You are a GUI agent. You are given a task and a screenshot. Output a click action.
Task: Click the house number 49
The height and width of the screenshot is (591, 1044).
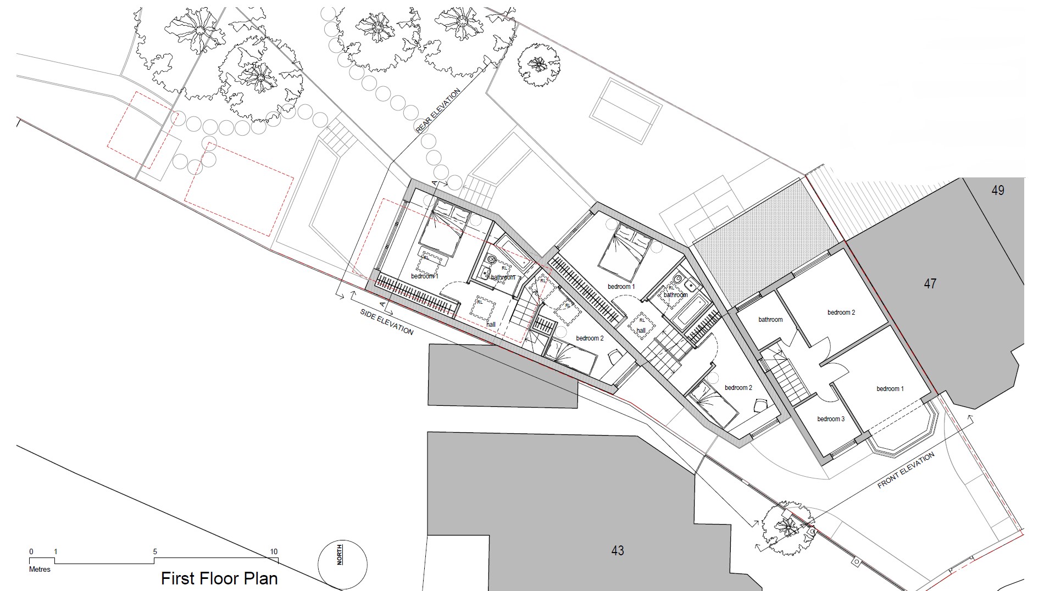[x=998, y=190]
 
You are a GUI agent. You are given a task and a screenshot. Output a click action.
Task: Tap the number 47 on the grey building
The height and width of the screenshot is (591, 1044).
[x=930, y=284]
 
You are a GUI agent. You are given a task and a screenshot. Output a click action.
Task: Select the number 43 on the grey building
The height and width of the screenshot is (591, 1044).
[x=618, y=550]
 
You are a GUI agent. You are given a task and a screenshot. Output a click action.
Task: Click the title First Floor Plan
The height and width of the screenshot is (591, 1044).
[x=219, y=578]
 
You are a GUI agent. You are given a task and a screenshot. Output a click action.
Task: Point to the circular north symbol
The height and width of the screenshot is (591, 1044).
[x=343, y=565]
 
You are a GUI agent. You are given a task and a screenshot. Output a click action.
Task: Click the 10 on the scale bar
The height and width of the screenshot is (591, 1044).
[x=274, y=552]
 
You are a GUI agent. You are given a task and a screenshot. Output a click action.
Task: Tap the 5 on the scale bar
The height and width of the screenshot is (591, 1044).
[x=155, y=552]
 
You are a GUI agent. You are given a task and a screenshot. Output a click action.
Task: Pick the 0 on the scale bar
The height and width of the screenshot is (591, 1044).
[x=31, y=552]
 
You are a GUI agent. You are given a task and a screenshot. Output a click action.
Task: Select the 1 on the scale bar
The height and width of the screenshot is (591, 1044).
[x=55, y=552]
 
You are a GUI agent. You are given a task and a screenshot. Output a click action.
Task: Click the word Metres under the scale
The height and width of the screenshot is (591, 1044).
[x=40, y=570]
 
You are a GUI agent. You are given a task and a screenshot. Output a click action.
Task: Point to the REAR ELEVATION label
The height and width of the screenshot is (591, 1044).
[x=438, y=111]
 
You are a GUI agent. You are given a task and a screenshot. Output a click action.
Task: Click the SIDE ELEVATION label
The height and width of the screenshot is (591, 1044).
[x=387, y=322]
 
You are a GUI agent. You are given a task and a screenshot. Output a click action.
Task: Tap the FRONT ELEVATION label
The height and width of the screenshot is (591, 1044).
[x=906, y=471]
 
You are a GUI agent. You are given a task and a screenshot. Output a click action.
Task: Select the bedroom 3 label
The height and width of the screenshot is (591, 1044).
[x=831, y=419]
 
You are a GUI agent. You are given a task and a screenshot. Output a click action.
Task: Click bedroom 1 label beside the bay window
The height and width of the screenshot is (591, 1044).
[x=890, y=389]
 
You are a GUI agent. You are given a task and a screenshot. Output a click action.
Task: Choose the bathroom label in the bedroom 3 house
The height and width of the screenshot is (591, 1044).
[x=770, y=320]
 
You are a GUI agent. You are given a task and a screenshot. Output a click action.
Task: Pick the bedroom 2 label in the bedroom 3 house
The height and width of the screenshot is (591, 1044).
[x=841, y=313]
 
